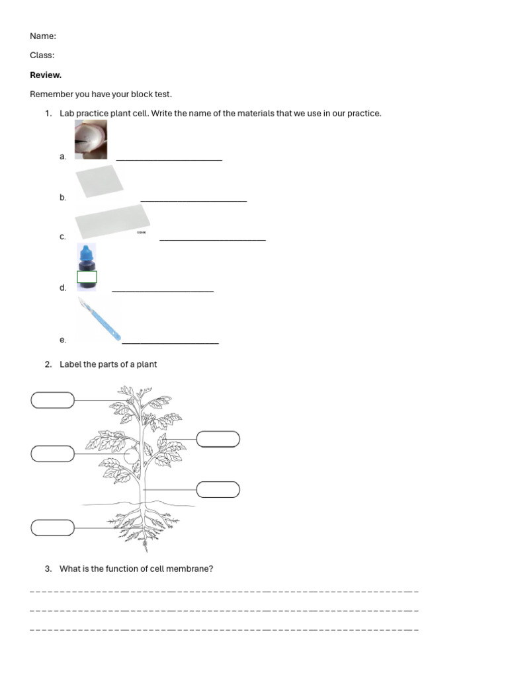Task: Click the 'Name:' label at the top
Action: point(43,36)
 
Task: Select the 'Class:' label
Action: point(42,56)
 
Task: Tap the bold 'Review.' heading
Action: point(46,75)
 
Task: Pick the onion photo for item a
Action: point(91,139)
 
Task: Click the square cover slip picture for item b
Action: point(99,181)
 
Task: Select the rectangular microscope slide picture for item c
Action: point(112,221)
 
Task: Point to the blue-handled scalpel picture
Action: point(99,319)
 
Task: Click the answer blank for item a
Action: point(169,159)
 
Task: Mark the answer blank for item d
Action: point(162,290)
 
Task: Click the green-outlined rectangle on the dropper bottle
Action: point(87,277)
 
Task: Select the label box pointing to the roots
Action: point(53,528)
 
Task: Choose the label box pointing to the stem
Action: point(218,489)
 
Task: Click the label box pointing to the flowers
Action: point(53,400)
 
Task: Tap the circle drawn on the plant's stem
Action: point(132,455)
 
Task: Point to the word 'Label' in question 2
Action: point(70,364)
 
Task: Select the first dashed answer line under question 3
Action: point(224,590)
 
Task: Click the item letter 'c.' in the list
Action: point(63,237)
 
